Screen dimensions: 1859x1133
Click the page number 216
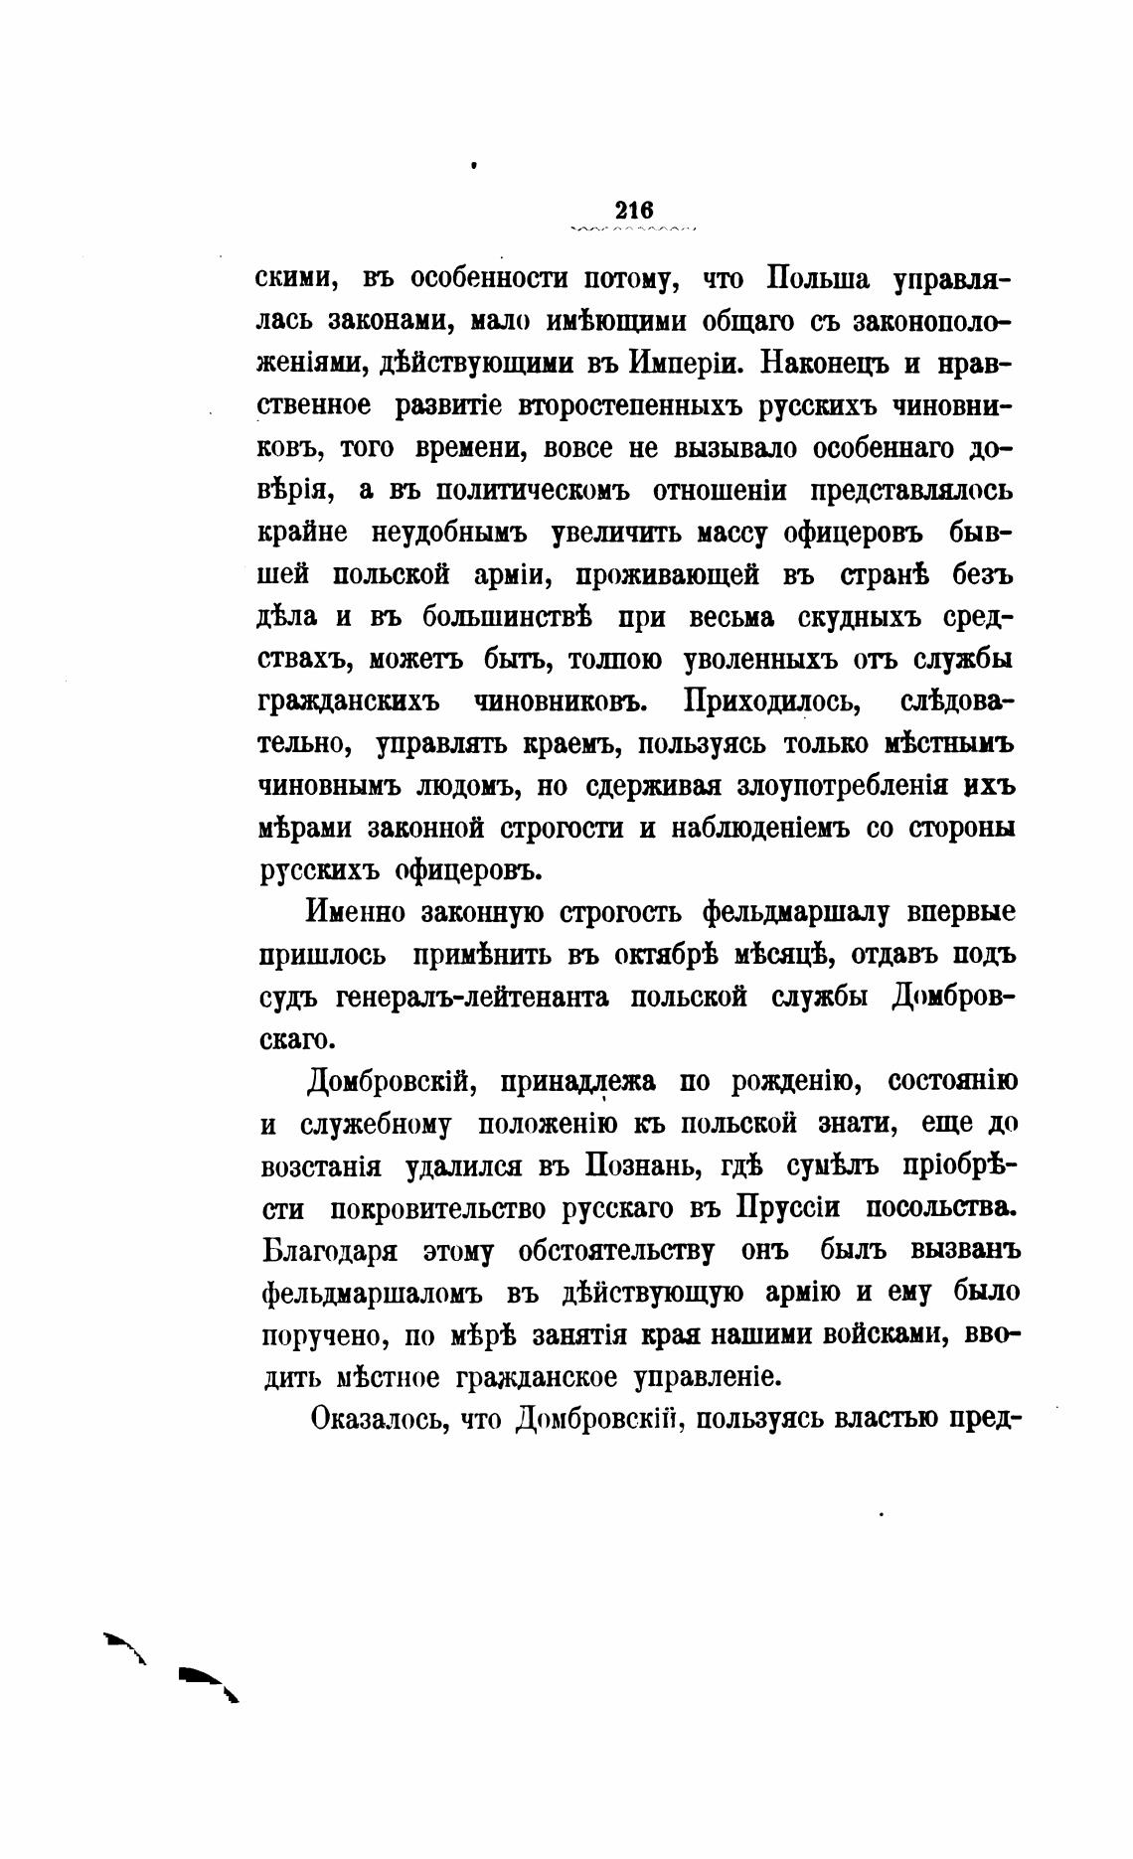point(633,210)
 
